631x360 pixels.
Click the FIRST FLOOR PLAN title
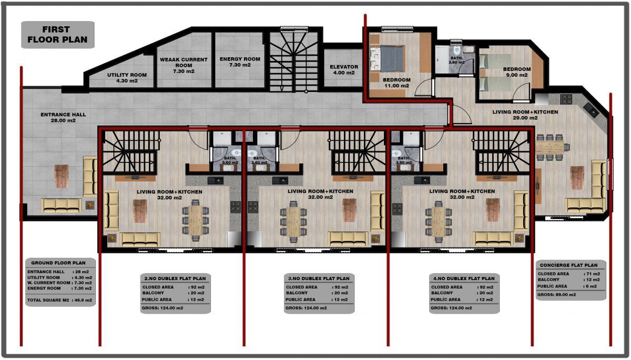click(57, 34)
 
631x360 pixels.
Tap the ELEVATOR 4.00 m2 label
click(344, 70)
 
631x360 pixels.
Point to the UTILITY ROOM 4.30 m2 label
click(127, 78)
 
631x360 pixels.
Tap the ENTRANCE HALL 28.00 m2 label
click(63, 117)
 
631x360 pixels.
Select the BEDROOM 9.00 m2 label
click(517, 72)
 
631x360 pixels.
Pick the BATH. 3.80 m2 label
click(456, 60)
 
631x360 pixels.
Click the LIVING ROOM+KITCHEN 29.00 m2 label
click(525, 115)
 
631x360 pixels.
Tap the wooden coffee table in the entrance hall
click(62, 176)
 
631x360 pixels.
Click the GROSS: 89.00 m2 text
click(557, 295)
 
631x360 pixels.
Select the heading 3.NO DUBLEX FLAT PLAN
click(319, 279)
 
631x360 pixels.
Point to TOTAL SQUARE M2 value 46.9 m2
click(84, 300)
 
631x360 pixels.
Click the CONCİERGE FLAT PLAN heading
click(569, 265)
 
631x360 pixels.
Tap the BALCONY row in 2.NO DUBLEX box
click(173, 293)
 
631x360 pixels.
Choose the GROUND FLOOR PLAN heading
click(58, 263)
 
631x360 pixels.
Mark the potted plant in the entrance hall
click(90, 204)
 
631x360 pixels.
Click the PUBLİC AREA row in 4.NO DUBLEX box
click(462, 300)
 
